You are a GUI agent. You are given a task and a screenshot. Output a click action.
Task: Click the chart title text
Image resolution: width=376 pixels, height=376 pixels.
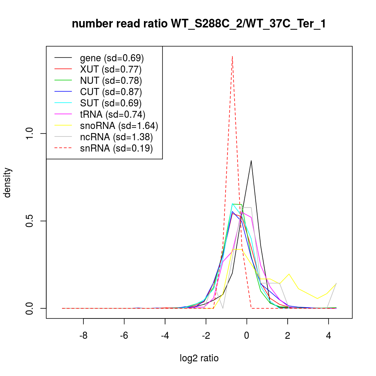(199, 24)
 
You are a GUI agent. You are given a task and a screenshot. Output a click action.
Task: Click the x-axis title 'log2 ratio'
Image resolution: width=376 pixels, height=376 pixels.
(199, 358)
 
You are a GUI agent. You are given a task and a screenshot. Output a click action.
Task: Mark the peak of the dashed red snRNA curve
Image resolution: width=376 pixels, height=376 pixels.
(232, 56)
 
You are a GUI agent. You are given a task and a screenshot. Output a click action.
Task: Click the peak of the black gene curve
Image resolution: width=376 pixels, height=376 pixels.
(251, 161)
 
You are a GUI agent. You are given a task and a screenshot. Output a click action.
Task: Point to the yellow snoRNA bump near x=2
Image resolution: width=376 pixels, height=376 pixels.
(289, 274)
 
